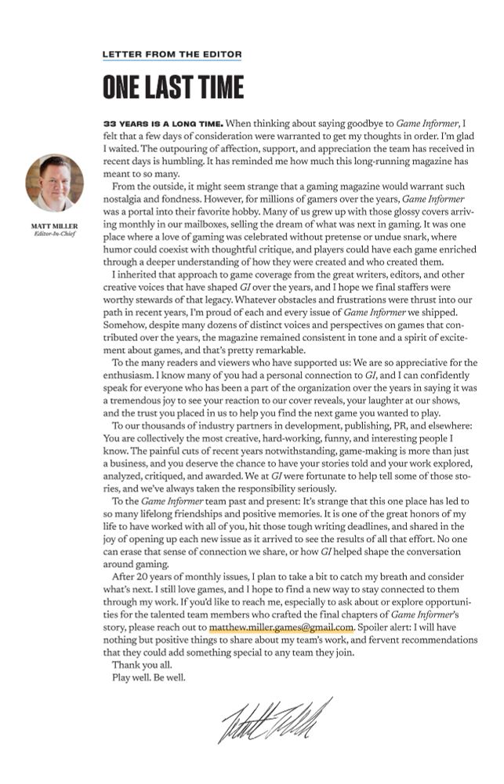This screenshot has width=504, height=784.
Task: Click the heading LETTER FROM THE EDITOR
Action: point(172,55)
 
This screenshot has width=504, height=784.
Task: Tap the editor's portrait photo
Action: point(54,183)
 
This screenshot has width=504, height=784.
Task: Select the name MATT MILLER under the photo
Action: point(54,225)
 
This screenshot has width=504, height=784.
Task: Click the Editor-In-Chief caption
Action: point(54,233)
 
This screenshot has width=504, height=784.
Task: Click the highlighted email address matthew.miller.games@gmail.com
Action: point(281,627)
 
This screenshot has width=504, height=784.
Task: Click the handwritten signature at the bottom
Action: point(276,719)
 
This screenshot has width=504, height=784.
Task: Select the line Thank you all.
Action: point(144,665)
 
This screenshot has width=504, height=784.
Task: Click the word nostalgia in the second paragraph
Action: point(129,200)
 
